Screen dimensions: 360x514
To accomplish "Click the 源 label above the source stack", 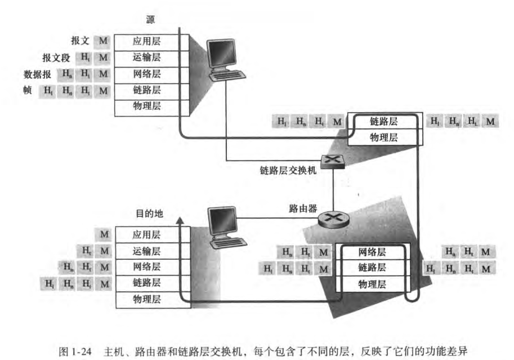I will (x=150, y=19).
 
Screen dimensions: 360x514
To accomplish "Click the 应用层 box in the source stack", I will (x=146, y=41).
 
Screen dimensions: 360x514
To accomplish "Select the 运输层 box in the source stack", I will (x=146, y=57).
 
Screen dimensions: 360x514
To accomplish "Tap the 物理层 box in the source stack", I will (x=146, y=106).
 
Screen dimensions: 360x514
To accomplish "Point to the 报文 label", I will (x=79, y=41).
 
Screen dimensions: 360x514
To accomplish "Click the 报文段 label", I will (x=56, y=57).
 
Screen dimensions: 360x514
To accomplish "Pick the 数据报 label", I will (x=37, y=74).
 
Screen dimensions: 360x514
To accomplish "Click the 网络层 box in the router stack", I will (x=372, y=251).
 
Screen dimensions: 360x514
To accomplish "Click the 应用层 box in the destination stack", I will (x=146, y=234).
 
